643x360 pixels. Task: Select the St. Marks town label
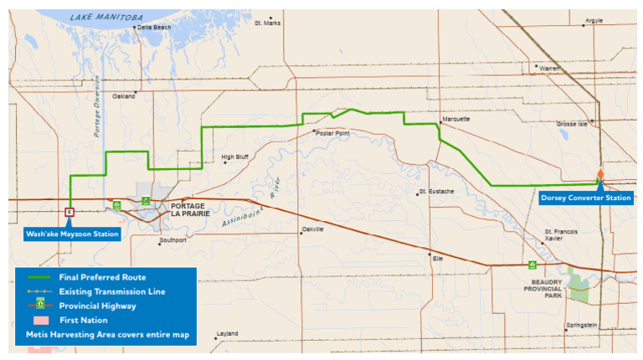268,23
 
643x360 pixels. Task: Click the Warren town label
549,68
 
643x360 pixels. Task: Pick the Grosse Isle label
574,124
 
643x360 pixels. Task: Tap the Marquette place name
456,119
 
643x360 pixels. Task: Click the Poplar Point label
334,132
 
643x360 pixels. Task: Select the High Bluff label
235,157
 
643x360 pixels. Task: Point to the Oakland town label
123,96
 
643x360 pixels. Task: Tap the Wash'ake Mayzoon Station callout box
71,234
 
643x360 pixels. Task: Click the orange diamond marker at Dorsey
600,174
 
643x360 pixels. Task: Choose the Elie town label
437,258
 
